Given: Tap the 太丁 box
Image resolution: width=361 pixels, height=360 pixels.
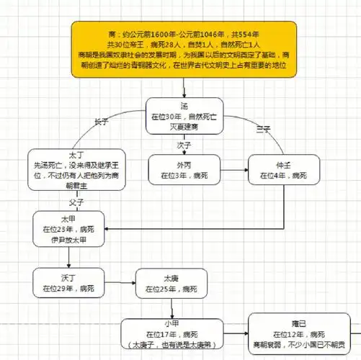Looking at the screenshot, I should click(x=66, y=168).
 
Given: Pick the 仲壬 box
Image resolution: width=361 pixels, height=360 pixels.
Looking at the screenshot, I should click(x=282, y=170).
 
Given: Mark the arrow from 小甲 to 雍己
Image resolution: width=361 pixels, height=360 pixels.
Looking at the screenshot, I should click(x=236, y=336).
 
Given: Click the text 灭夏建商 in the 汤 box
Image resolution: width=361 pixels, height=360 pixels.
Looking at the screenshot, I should click(x=184, y=126).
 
